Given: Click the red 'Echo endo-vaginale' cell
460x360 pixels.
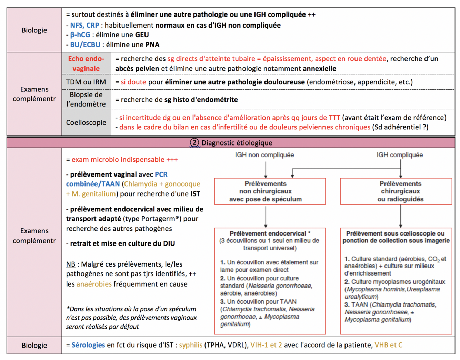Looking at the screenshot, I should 86,63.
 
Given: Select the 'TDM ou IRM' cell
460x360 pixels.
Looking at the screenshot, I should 86,82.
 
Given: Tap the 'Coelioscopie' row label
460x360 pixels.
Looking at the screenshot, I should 86,122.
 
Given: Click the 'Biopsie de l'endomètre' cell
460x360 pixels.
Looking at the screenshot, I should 86,99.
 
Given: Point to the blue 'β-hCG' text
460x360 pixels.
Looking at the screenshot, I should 80,35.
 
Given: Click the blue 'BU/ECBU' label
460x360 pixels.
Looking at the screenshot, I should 85,45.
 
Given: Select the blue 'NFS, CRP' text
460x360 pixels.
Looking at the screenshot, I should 84,25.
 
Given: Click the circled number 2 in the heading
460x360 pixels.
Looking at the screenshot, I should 194,143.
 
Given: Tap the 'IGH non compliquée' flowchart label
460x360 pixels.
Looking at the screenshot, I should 264,155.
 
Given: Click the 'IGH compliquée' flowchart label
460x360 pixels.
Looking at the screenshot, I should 400,155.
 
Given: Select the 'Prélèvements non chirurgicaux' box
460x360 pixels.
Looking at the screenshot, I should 270,191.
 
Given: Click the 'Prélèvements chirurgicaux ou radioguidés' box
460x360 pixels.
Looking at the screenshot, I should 396,191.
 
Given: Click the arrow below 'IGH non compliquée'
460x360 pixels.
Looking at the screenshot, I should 266,170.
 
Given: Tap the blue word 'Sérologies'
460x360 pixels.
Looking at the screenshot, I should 88,345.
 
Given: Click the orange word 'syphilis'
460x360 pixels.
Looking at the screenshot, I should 190,345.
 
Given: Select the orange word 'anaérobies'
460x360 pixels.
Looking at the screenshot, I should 94,284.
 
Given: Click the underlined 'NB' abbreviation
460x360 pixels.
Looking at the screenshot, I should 71,264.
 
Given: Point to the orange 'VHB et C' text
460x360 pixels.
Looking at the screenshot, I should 388,345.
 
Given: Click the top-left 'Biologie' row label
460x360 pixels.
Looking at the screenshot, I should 34,30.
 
